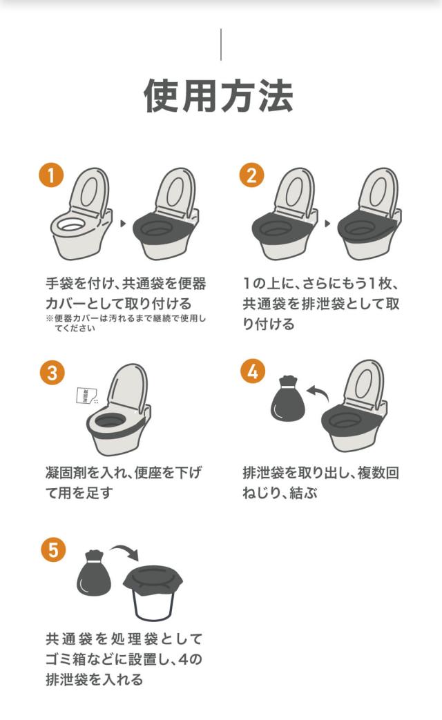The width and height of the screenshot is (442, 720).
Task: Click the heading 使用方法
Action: pyautogui.click(x=219, y=96)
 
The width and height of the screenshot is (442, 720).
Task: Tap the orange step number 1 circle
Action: pyautogui.click(x=51, y=175)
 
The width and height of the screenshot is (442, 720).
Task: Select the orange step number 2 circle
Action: pyautogui.click(x=252, y=175)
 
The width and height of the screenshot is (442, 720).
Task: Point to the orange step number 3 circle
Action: pyautogui.click(x=52, y=372)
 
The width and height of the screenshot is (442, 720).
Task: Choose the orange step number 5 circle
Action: pyautogui.click(x=53, y=549)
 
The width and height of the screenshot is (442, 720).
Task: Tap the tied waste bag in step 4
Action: pyautogui.click(x=287, y=399)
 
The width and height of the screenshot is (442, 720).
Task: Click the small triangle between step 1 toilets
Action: pyautogui.click(x=123, y=224)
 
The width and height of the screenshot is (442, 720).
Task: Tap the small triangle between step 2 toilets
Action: pyautogui.click(x=327, y=224)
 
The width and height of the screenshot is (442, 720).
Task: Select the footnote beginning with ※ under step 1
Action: pyautogui.click(x=126, y=323)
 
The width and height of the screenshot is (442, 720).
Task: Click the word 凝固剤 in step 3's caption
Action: pyautogui.click(x=66, y=472)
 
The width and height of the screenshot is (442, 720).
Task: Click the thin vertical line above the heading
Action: pyautogui.click(x=221, y=45)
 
